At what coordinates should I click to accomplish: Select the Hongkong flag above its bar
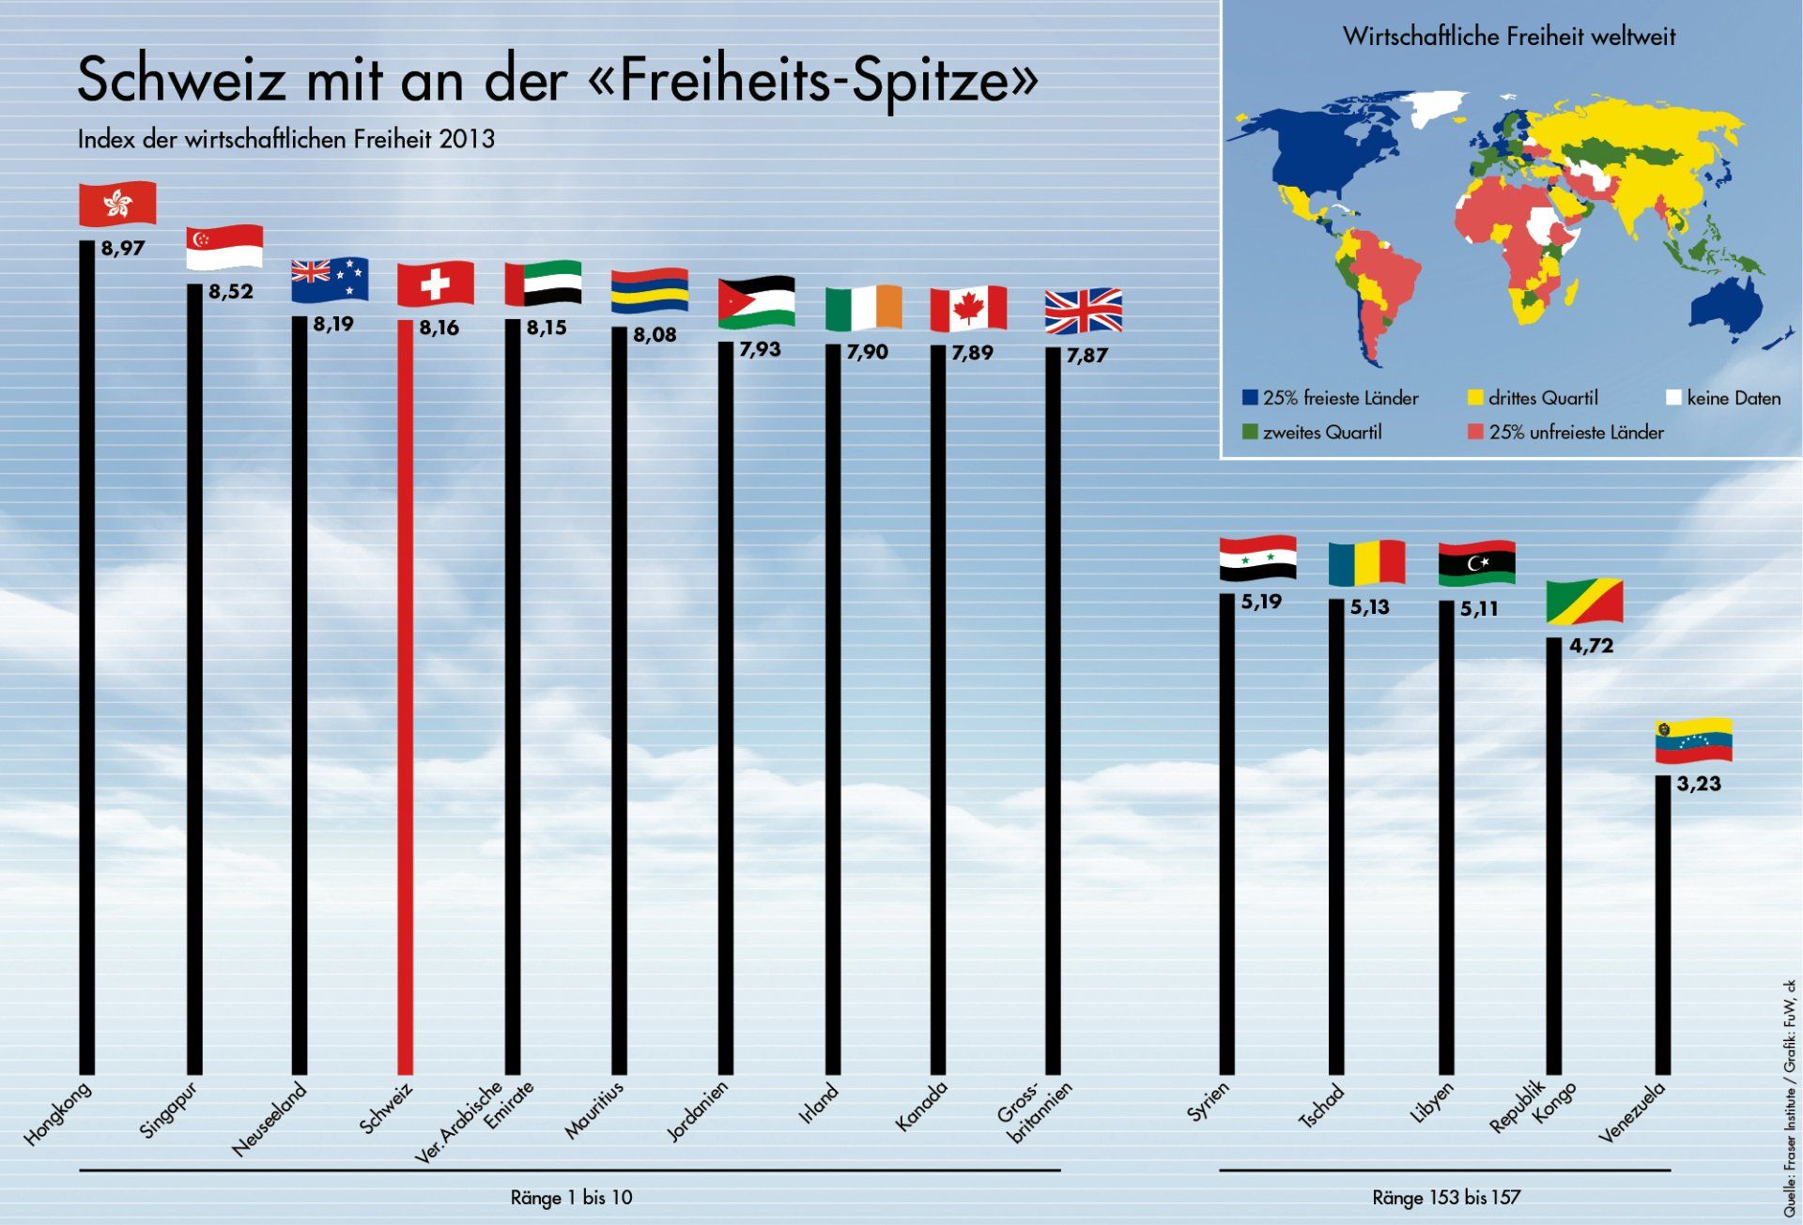(117, 204)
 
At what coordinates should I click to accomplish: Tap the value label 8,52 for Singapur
(231, 292)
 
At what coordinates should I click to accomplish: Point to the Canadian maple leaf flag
(968, 309)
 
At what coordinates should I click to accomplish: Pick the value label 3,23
(1699, 784)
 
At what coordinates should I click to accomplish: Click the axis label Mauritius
(594, 1110)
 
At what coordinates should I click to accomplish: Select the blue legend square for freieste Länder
(1250, 398)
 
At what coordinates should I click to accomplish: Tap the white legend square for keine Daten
(1672, 398)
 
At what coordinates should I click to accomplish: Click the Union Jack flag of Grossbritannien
(1084, 311)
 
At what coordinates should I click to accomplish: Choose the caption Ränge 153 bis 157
(1446, 1198)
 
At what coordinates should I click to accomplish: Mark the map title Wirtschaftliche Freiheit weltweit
(1509, 37)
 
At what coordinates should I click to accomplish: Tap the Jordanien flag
(756, 302)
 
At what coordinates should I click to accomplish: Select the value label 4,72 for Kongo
(1591, 646)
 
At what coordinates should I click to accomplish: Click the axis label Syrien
(1208, 1102)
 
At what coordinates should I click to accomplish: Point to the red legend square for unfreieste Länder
(1475, 433)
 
